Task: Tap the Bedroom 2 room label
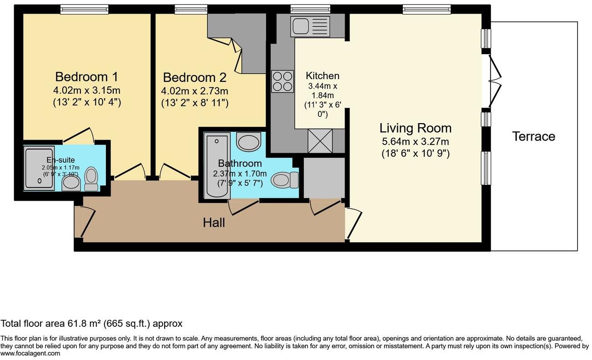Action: tap(195, 77)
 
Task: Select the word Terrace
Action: tap(533, 136)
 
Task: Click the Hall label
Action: tap(214, 223)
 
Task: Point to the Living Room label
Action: tap(415, 128)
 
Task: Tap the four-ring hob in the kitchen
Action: tap(282, 82)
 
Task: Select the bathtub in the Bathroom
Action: tap(216, 165)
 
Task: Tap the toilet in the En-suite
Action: tap(91, 179)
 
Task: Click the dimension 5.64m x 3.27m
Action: tap(415, 141)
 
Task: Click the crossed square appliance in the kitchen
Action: tap(320, 140)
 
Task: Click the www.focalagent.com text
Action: tap(30, 354)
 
